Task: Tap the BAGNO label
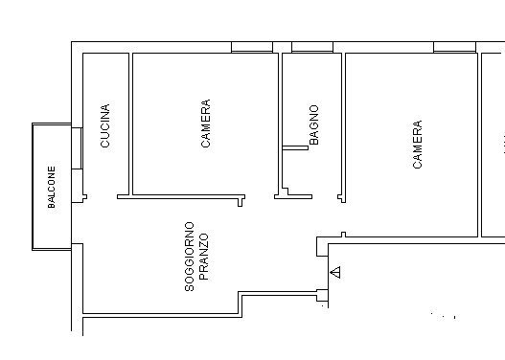(x=313, y=125)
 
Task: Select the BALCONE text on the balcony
(x=53, y=187)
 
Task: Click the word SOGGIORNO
(x=190, y=257)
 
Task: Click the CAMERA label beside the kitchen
(x=205, y=124)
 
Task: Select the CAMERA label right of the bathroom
(x=417, y=145)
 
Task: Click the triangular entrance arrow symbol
(x=333, y=273)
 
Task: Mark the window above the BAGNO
(x=311, y=47)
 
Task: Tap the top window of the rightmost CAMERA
(x=454, y=47)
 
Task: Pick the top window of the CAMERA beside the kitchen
(x=251, y=47)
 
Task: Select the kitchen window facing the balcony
(x=76, y=149)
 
